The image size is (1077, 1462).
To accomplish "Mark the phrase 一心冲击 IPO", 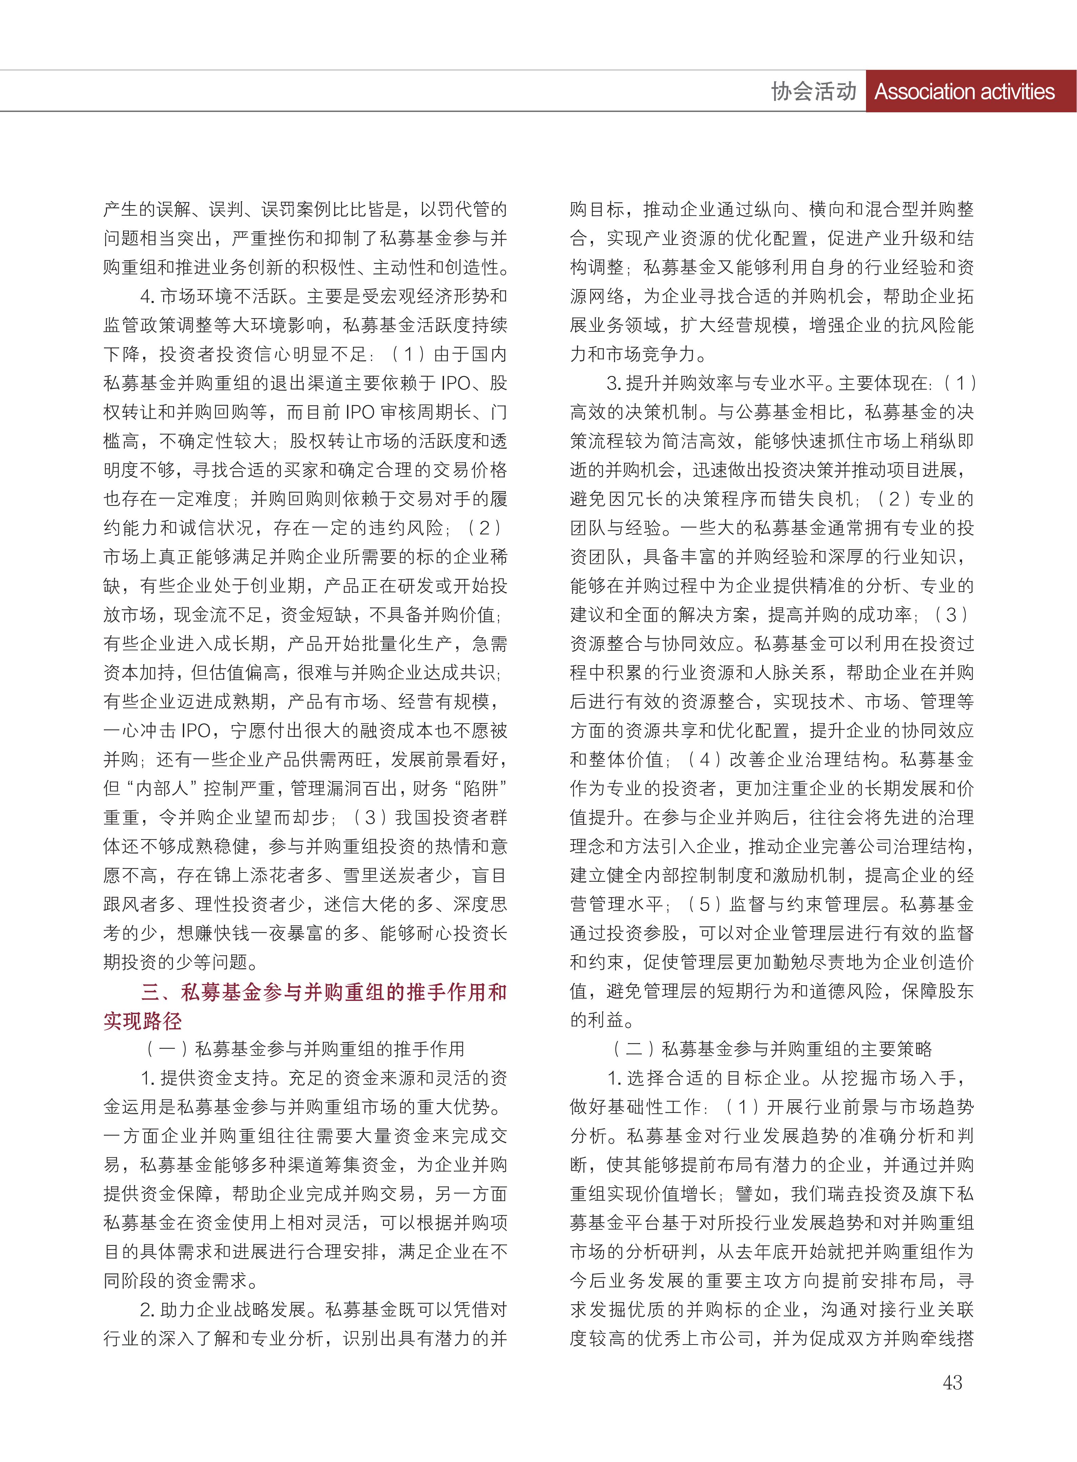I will click(156, 731).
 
